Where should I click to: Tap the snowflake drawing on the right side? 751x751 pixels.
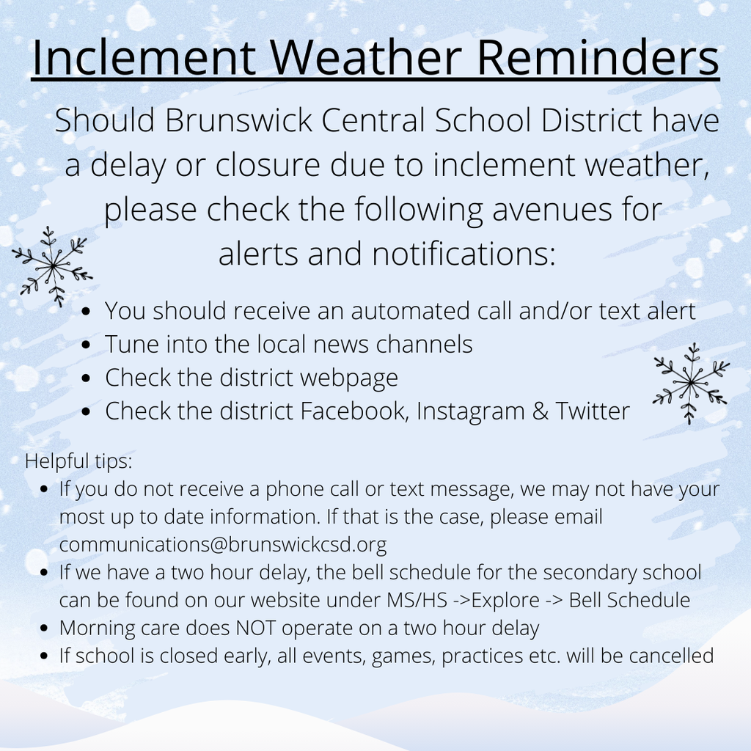690,383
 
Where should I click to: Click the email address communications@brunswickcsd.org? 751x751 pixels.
222,545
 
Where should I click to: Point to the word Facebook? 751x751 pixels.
354,411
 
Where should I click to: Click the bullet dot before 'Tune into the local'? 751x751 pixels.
87,345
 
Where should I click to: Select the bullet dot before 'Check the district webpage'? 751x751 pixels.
87,378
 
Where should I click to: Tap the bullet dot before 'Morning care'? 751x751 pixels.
45,629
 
